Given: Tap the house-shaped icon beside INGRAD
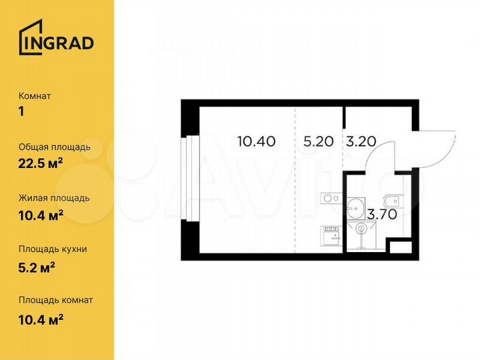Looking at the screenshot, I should point(30,38).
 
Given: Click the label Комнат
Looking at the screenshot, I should point(35,96).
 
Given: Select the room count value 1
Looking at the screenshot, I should point(21,111).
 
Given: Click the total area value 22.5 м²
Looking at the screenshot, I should point(41,163).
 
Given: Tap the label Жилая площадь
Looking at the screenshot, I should point(54,198).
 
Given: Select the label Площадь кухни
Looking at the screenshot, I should point(53,249).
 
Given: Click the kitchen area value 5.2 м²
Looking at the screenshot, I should point(37,265).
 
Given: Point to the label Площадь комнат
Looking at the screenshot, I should point(56,300).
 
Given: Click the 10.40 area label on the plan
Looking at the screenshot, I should point(257,141).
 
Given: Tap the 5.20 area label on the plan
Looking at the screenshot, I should point(317,141).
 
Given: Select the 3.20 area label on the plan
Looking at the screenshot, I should point(361,141).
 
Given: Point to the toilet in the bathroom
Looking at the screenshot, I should point(391,201).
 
